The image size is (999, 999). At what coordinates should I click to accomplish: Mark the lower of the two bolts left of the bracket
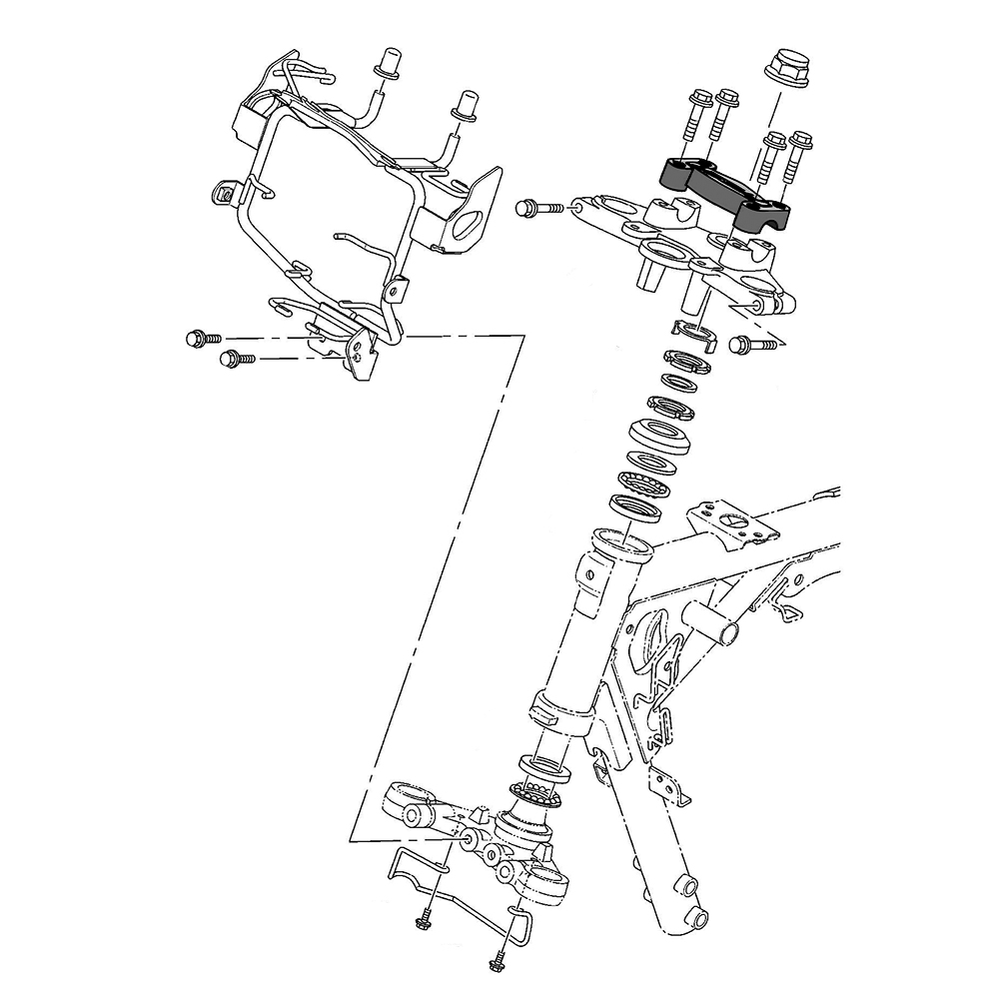[x=236, y=357]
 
